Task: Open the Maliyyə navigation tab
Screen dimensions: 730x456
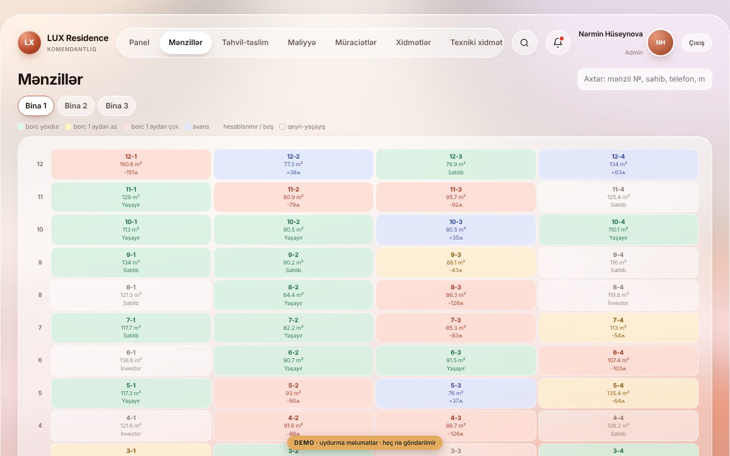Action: point(302,43)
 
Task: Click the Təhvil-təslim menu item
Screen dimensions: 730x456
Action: point(245,43)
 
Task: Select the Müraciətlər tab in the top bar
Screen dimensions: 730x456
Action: point(355,43)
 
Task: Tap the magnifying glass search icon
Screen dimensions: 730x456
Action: point(524,43)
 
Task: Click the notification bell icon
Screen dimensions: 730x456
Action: point(558,43)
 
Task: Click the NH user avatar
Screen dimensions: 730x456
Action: point(660,43)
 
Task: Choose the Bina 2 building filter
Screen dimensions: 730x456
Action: point(76,106)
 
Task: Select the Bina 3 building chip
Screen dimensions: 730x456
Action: point(117,106)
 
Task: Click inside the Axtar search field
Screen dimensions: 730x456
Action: point(644,79)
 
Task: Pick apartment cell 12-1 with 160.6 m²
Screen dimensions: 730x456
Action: point(131,164)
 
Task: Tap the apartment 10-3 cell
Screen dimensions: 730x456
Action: point(456,230)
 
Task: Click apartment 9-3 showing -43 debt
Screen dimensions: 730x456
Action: point(456,262)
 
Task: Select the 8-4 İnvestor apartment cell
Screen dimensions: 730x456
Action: point(618,295)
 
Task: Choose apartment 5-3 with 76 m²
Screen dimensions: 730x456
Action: point(456,393)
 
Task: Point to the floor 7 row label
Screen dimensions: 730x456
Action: point(40,328)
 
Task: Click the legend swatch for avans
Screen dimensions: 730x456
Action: point(188,127)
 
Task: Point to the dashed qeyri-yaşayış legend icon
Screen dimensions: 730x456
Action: point(282,127)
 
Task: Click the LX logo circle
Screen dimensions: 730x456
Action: point(29,43)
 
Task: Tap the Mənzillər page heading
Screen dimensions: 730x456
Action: point(51,79)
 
